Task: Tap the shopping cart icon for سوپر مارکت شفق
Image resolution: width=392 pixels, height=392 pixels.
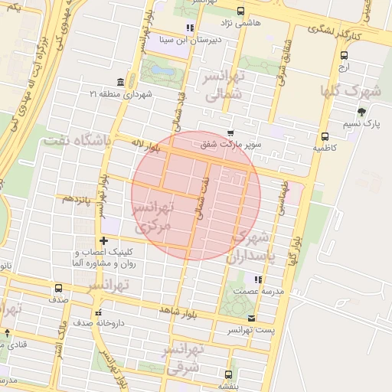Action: click(x=230, y=133)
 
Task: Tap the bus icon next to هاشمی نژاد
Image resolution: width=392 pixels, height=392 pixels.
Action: click(x=241, y=11)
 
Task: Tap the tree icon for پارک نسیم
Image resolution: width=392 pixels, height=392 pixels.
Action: click(x=362, y=111)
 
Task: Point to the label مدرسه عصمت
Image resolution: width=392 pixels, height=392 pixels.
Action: click(x=257, y=292)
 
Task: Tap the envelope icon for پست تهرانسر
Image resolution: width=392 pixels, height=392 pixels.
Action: click(x=252, y=318)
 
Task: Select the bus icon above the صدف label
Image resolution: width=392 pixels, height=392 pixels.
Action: click(x=59, y=289)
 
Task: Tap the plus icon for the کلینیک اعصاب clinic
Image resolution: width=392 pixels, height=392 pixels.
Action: click(x=104, y=241)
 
